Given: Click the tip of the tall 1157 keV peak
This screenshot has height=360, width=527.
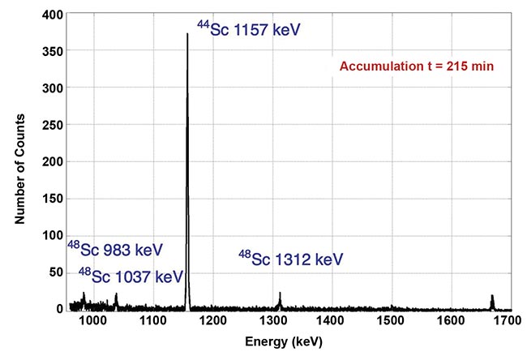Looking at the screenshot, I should [x=187, y=34].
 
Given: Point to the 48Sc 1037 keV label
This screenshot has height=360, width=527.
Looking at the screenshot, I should [x=131, y=276].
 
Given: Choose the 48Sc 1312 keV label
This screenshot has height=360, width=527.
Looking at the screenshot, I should [x=290, y=259].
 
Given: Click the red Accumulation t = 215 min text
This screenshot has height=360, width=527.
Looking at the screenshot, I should [x=418, y=66].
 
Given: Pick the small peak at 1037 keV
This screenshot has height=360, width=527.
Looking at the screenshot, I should [x=116, y=299].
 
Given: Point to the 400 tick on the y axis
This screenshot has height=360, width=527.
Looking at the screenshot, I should [x=54, y=15].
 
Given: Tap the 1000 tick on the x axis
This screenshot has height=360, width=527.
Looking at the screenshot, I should [x=92, y=322].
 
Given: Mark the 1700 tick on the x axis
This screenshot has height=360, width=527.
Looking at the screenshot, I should [x=511, y=322].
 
